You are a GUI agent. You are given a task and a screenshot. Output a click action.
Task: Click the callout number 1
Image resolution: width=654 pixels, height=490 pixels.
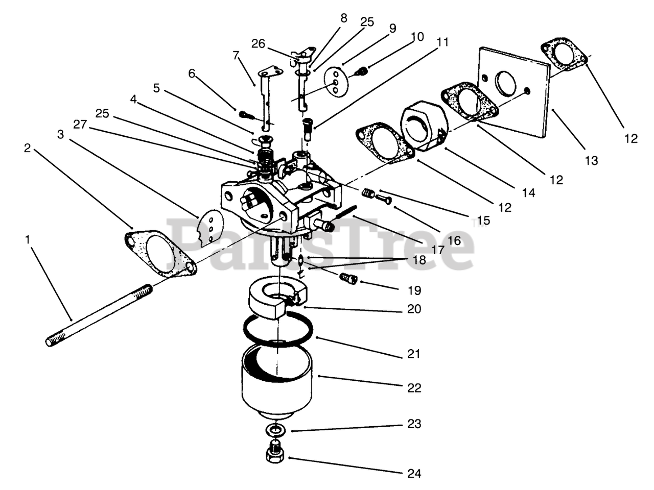click(x=28, y=239)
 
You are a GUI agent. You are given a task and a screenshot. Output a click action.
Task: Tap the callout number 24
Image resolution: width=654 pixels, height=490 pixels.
click(x=414, y=473)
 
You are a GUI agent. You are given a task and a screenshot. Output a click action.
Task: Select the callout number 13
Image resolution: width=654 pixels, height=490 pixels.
click(x=591, y=161)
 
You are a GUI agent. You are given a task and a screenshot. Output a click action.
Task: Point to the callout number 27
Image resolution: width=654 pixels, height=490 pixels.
click(x=79, y=124)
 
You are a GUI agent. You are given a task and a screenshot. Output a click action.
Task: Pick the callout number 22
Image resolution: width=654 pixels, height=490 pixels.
click(x=414, y=388)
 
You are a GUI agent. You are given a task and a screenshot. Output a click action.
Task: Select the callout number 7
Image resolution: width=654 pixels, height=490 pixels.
click(x=236, y=55)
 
